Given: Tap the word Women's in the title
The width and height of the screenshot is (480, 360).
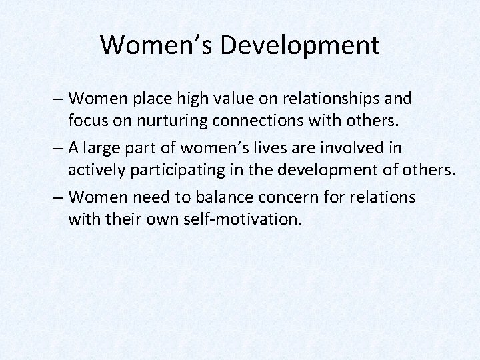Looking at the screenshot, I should click(157, 45).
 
